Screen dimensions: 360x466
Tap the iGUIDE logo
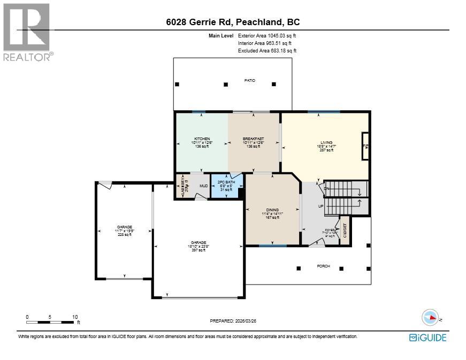point(427,338)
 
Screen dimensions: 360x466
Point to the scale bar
point(51,321)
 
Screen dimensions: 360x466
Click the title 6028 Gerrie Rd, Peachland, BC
point(233,22)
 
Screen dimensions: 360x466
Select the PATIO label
point(250,80)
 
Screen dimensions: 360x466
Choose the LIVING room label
point(325,143)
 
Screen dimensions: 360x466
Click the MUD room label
point(203,186)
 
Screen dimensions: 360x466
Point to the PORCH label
point(323,266)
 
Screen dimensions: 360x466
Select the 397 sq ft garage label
point(198,246)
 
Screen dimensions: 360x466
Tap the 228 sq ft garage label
point(124,230)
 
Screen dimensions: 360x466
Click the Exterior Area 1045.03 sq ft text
point(266,35)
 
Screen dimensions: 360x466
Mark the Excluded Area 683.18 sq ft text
point(267,50)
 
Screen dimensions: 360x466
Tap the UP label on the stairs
point(321,206)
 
